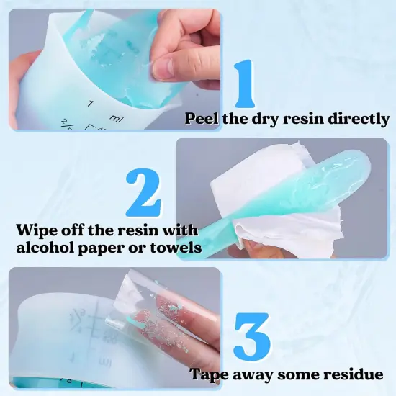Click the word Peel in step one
[x=203, y=119]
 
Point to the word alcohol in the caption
[x=46, y=249]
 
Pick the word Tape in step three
[x=209, y=374]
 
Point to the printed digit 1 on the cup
[x=91, y=104]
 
